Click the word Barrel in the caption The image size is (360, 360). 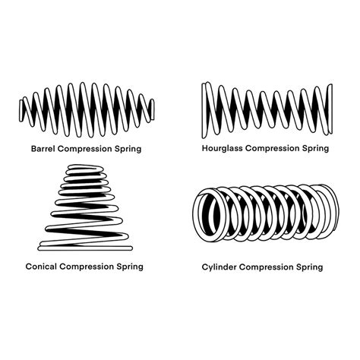(46, 148)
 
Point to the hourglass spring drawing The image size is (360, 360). (266, 110)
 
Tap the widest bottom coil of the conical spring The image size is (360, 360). (84, 244)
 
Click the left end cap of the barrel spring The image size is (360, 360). (24, 111)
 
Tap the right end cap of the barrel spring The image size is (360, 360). (152, 110)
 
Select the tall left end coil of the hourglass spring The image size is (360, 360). (205, 110)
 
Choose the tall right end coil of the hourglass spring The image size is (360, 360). (328, 110)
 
